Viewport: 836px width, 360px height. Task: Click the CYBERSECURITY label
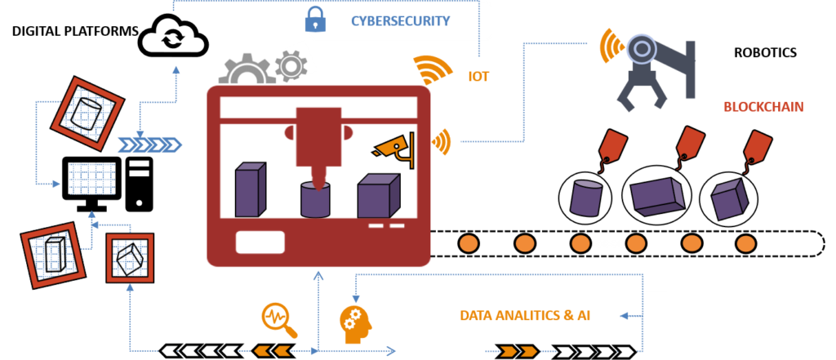click(x=400, y=20)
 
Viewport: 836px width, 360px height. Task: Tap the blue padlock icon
click(x=315, y=20)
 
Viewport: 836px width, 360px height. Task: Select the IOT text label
click(x=478, y=76)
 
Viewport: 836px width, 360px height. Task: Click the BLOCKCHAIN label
click(x=763, y=107)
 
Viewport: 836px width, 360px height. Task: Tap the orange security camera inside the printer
click(x=391, y=147)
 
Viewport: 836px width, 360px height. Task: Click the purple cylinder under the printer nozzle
click(x=315, y=199)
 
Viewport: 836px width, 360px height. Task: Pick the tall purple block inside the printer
click(x=249, y=189)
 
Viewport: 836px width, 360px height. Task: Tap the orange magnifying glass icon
click(x=278, y=319)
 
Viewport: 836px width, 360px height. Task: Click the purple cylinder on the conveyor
click(x=585, y=198)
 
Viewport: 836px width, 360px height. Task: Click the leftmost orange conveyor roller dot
click(x=468, y=243)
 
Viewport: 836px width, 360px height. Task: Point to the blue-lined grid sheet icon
click(x=91, y=178)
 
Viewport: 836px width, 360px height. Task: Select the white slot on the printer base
click(x=260, y=242)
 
